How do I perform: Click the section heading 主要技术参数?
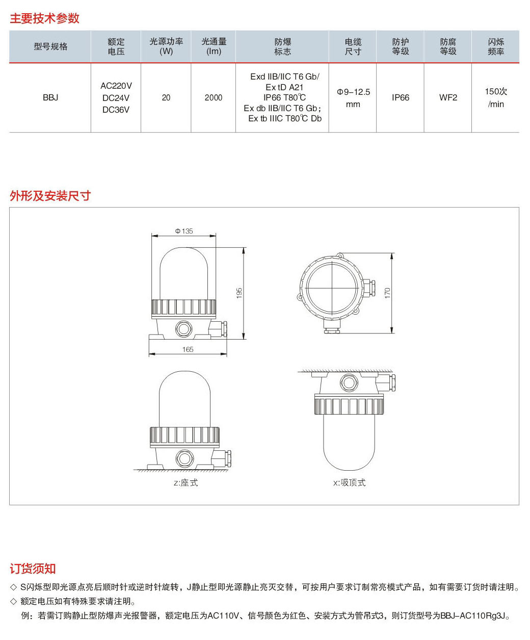pos(45,18)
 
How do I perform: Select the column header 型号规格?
pos(50,46)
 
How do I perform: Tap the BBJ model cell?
pos(50,97)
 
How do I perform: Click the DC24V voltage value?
pos(116,98)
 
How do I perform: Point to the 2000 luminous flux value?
pos(213,97)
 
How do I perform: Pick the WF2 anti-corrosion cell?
pos(448,97)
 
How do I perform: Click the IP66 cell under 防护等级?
pos(400,97)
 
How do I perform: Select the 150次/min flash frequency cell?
pos(496,97)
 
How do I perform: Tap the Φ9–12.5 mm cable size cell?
pos(353,98)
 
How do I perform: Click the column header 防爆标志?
pos(282,46)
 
